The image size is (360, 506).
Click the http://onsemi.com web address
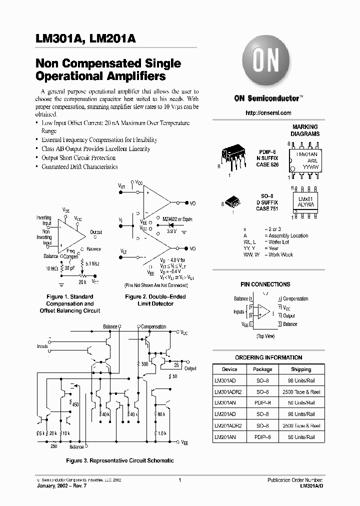pyautogui.click(x=268, y=113)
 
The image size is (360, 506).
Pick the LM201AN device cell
pyautogui.click(x=225, y=437)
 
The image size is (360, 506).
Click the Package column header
pyautogui.click(x=262, y=369)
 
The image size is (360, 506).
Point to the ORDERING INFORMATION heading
pyautogui.click(x=268, y=357)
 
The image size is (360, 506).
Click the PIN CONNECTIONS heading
pyautogui.click(x=265, y=284)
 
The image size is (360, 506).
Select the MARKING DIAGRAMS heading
pyautogui.click(x=305, y=130)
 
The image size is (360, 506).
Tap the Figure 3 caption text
pyautogui.click(x=120, y=460)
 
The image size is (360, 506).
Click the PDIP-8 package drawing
pyautogui.click(x=234, y=157)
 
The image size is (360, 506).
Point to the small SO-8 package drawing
pyautogui.click(x=232, y=201)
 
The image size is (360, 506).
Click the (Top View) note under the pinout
pyautogui.click(x=265, y=336)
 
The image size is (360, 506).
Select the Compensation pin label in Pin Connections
pyautogui.click(x=295, y=299)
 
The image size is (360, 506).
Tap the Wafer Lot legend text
pyautogui.click(x=279, y=242)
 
